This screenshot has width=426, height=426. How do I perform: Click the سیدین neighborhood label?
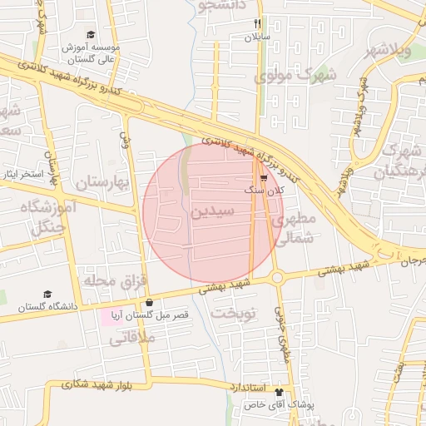[x=212, y=211]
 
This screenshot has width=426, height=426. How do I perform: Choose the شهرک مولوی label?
[x=296, y=76]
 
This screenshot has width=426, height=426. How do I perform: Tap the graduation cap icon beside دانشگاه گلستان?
[x=47, y=295]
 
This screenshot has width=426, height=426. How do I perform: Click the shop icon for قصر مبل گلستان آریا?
[x=148, y=303]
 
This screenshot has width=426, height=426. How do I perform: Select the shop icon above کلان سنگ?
[x=264, y=178]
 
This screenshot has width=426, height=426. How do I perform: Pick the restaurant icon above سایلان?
[x=257, y=24]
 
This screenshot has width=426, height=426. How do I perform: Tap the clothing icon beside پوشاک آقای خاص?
[x=278, y=392]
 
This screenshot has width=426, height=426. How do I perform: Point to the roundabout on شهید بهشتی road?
[x=277, y=278]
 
